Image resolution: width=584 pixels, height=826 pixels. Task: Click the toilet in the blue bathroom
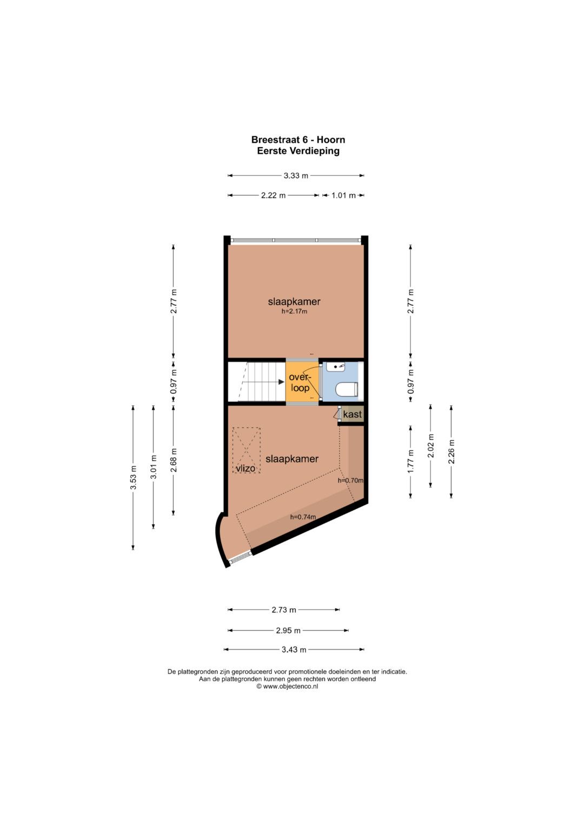point(347,389)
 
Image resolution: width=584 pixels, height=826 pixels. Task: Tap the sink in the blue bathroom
point(336,367)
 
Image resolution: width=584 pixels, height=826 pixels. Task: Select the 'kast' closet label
point(353,414)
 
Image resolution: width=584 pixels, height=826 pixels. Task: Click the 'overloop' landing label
point(300,382)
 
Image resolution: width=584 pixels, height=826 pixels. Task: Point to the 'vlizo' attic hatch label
point(245,468)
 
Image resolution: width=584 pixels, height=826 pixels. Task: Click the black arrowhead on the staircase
point(281,382)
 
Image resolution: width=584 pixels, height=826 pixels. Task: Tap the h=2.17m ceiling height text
point(294,311)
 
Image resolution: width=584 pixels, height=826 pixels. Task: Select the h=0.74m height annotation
point(303,517)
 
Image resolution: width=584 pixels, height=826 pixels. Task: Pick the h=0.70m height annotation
point(350,480)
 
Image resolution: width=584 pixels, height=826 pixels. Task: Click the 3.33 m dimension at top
point(296,175)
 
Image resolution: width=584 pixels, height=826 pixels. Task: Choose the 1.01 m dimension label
point(343,195)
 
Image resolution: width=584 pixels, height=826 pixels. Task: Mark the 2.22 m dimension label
point(274,195)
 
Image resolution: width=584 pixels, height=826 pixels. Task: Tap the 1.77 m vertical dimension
point(411,461)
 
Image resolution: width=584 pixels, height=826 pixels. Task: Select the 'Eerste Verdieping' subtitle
point(298,151)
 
